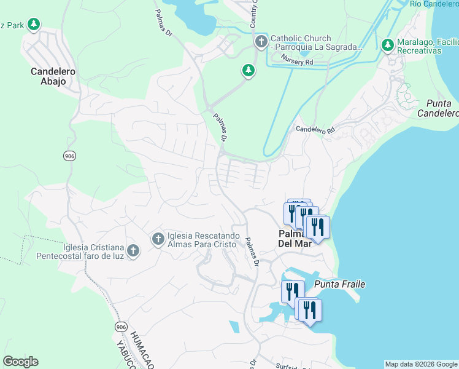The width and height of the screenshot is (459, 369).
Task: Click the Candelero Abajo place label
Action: (53, 76)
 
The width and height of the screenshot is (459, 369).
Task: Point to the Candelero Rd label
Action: (315, 130)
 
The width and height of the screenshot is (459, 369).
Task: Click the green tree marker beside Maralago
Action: (387, 45)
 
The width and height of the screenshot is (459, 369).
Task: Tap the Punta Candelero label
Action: (438, 108)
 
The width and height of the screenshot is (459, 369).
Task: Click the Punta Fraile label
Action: (340, 284)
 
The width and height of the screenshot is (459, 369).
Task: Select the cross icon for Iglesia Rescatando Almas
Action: (157, 238)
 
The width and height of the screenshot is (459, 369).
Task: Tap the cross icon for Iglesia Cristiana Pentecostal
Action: (134, 251)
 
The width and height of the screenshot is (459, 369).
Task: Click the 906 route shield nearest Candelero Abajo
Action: (69, 156)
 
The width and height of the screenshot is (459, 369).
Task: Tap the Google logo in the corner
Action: (20, 362)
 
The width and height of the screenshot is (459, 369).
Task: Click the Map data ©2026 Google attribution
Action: (421, 364)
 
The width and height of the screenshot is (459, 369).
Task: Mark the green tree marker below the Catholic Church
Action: (249, 71)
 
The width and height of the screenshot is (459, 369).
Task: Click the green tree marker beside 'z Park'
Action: (34, 25)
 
